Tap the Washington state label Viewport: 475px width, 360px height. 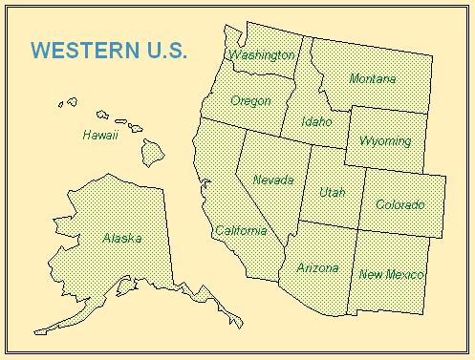(x=261, y=55)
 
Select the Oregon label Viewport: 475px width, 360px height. (x=250, y=100)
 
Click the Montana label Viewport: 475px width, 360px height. (x=373, y=78)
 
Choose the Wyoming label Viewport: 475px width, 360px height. (x=385, y=141)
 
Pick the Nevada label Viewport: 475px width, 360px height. (x=273, y=179)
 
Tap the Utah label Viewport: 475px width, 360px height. (x=332, y=193)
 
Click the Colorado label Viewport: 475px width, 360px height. (x=399, y=204)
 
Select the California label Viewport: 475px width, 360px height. (x=240, y=231)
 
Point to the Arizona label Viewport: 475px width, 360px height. (x=317, y=268)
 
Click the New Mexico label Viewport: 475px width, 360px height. (x=391, y=275)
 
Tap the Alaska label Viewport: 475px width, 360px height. (x=121, y=238)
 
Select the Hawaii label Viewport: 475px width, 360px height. (x=99, y=136)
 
